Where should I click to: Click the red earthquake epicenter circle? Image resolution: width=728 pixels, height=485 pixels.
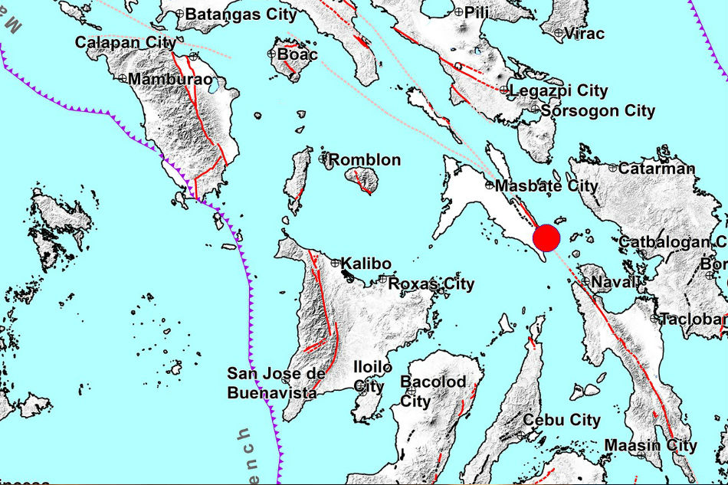[547, 238]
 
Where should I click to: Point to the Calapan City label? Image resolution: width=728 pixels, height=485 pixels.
[126, 43]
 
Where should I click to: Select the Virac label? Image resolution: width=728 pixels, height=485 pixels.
[584, 34]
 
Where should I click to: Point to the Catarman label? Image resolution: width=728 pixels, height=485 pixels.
[657, 169]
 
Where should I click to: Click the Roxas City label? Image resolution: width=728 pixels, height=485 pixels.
[431, 284]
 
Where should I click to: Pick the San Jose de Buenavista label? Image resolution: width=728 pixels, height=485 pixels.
[272, 383]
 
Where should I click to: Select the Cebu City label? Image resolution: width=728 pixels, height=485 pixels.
[561, 420]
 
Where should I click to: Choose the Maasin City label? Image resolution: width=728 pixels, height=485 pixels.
[651, 445]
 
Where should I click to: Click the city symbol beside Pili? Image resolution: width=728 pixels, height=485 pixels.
[458, 11]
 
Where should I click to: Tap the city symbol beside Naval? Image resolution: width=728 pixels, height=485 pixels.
[585, 282]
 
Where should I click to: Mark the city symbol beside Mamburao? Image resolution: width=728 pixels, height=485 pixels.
[123, 78]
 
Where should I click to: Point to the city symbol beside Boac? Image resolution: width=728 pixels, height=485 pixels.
[272, 54]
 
